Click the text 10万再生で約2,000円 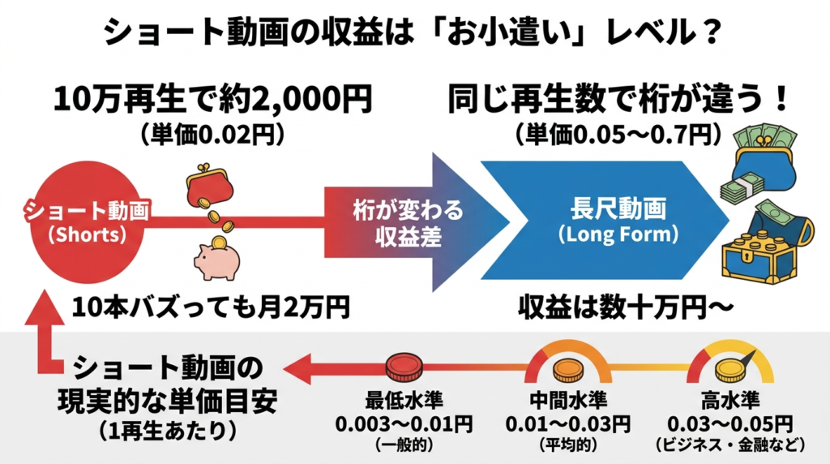(212, 101)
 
